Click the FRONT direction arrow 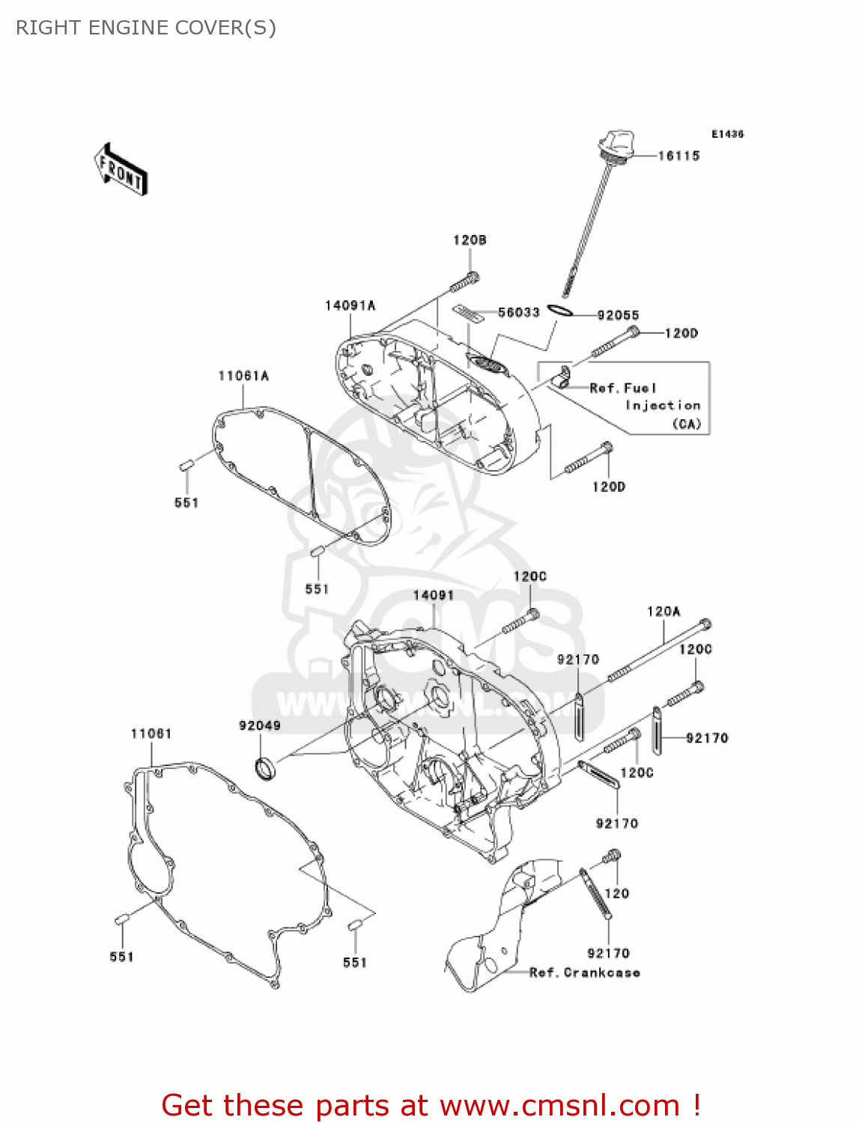121,169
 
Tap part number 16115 679,156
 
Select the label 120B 470,240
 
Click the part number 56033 518,312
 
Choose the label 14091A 350,305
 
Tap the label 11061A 243,376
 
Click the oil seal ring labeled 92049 264,767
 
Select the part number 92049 260,725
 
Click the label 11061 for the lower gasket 151,734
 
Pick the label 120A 664,612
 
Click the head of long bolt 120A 705,624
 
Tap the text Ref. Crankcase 584,973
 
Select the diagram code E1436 727,134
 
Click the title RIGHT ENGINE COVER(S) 146,28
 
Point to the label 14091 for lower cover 434,595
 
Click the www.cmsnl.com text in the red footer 559,1105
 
